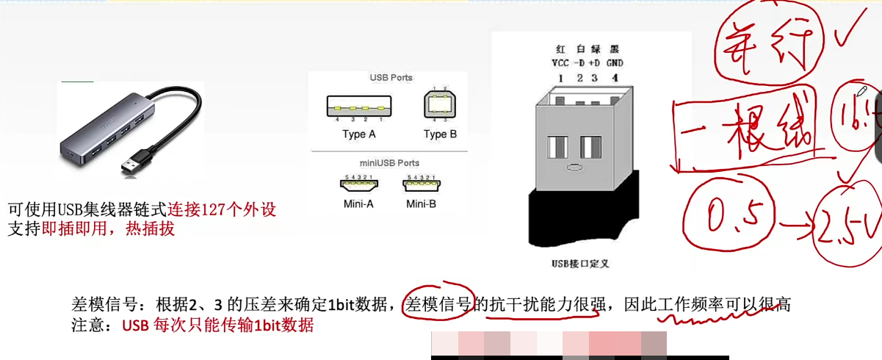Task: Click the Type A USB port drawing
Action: tap(359, 108)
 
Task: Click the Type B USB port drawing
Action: tap(440, 107)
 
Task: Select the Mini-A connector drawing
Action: tap(358, 187)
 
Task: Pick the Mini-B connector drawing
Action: tap(421, 187)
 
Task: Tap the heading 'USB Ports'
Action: tap(391, 78)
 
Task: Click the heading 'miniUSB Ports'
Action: tap(390, 163)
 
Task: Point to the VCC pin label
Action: tap(560, 63)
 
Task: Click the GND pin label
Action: tap(615, 63)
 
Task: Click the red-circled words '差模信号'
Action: tap(438, 303)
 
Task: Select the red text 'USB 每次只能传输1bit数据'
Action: tap(218, 325)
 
